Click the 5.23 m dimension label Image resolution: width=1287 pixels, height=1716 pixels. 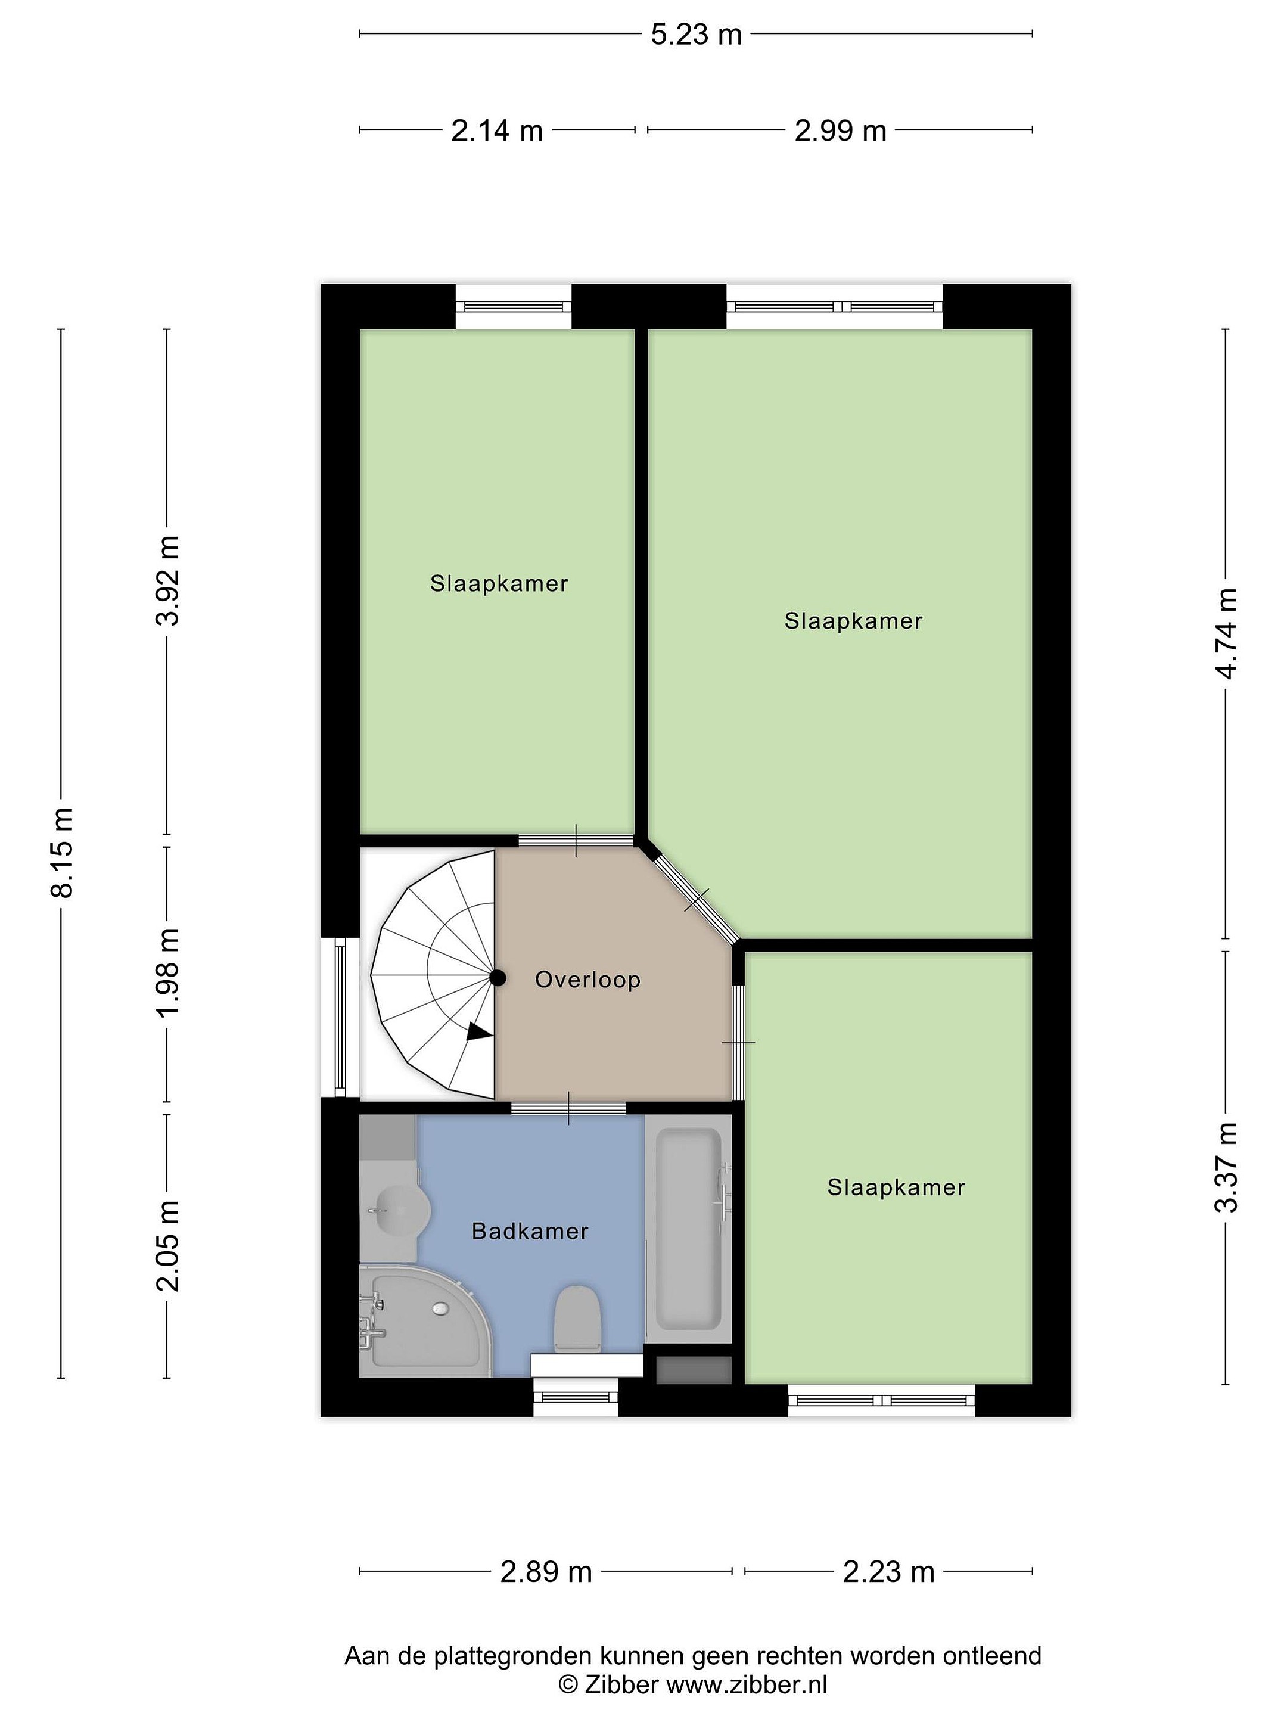696,35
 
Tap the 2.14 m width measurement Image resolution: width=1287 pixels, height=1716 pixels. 496,131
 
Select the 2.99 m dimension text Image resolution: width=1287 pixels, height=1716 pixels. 840,131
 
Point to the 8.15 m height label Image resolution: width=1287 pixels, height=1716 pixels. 61,852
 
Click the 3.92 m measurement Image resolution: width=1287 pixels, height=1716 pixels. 167,580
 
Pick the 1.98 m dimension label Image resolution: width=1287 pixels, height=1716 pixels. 167,973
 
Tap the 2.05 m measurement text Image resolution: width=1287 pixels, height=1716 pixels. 167,1245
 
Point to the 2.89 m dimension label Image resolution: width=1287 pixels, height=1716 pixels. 546,1572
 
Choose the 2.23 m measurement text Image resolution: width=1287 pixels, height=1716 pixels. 888,1572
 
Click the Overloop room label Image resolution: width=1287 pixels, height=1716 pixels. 587,980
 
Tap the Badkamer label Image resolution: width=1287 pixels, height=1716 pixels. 530,1231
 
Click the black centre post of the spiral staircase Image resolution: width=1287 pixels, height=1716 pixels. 498,978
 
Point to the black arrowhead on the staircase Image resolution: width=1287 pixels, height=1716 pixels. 480,1032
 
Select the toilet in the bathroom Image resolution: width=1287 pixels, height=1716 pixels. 578,1320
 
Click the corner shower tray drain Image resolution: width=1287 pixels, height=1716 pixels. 441,1308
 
